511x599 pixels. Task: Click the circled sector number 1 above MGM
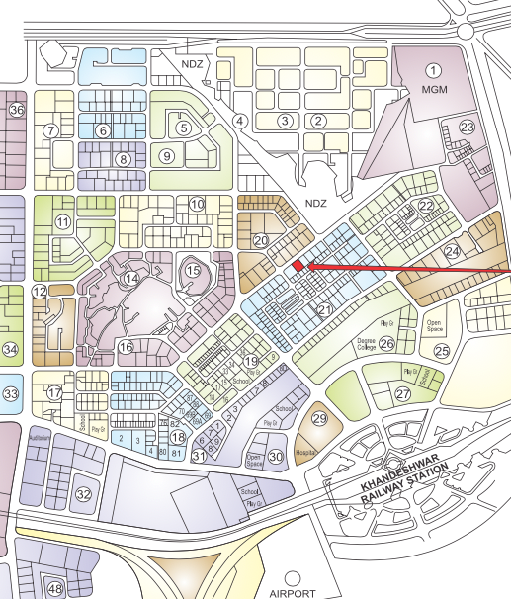pyautogui.click(x=432, y=70)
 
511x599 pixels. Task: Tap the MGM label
pyautogui.click(x=434, y=90)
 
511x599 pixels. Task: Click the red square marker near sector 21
pyautogui.click(x=298, y=265)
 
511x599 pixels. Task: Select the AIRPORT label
pyautogui.click(x=291, y=592)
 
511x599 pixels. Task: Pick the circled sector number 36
pyautogui.click(x=15, y=109)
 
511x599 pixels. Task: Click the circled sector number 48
pyautogui.click(x=55, y=589)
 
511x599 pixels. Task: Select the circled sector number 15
pyautogui.click(x=193, y=269)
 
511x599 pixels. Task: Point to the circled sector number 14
pyautogui.click(x=130, y=280)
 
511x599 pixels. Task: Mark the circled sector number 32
pyautogui.click(x=84, y=493)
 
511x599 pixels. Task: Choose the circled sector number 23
pyautogui.click(x=467, y=128)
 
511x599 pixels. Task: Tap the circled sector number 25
pyautogui.click(x=442, y=350)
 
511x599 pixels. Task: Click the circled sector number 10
pyautogui.click(x=197, y=204)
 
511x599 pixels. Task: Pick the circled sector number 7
pyautogui.click(x=50, y=130)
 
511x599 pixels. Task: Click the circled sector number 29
pyautogui.click(x=319, y=419)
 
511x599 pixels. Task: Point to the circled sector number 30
pyautogui.click(x=276, y=456)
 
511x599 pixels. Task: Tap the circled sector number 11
pyautogui.click(x=63, y=222)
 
